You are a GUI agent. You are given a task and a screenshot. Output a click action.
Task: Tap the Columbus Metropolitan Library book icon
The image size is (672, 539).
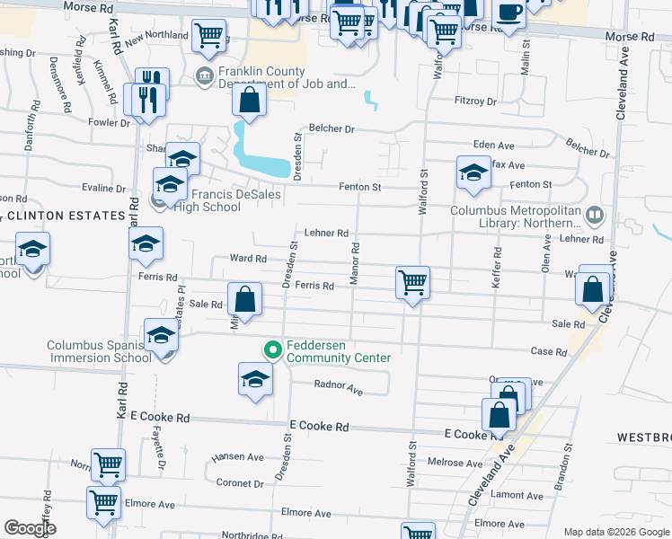tap(594, 215)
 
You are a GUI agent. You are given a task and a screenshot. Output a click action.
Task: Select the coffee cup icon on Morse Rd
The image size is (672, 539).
tap(509, 13)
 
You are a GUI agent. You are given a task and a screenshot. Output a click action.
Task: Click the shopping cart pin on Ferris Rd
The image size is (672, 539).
tap(412, 282)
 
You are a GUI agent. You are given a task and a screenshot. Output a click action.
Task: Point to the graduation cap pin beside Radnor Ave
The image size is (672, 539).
tap(255, 378)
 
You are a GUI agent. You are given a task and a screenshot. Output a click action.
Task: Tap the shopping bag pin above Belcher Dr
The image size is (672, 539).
tap(250, 101)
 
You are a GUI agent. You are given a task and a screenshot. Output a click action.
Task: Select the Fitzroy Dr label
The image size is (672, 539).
tap(475, 102)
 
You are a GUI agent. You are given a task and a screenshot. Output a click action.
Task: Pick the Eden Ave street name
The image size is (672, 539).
tap(493, 146)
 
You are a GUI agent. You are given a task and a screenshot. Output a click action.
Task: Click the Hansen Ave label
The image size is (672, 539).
tap(237, 457)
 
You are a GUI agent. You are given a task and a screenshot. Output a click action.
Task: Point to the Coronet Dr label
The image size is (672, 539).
tap(239, 483)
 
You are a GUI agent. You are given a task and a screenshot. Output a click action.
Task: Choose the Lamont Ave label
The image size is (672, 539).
tap(519, 495)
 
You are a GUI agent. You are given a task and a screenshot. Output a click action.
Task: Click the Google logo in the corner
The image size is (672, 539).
tap(31, 528)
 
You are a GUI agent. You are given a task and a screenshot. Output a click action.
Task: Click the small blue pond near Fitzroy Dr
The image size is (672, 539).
tap(370, 100)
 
